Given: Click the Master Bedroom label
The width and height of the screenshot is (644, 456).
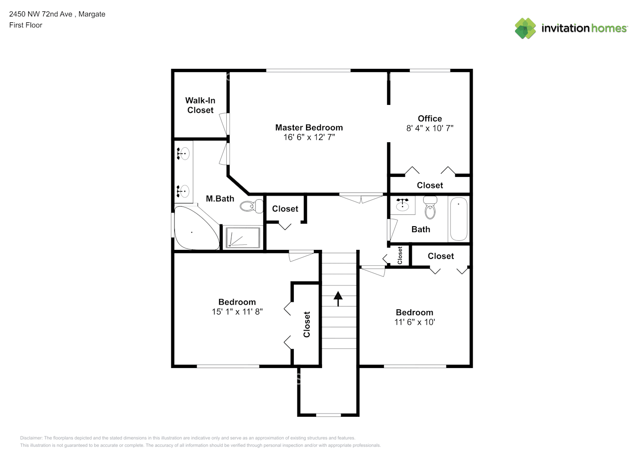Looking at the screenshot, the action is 309,128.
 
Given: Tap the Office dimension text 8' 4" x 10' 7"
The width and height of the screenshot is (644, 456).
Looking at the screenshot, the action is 430,129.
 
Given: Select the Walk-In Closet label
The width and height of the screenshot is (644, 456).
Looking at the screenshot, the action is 200,105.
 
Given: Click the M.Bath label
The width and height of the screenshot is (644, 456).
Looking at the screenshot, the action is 220,199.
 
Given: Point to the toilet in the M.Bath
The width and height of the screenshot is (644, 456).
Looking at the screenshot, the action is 251,206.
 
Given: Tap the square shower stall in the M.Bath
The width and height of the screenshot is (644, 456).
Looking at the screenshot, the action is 243,238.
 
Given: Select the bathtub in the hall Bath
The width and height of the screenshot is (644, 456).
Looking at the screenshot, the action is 459,219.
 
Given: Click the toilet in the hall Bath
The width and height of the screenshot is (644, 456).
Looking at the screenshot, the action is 430,207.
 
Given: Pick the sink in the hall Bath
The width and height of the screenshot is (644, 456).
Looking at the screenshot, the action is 403,204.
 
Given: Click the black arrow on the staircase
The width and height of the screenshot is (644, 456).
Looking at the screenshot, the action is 338,299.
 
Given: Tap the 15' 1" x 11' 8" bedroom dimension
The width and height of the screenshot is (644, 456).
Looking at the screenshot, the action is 237,312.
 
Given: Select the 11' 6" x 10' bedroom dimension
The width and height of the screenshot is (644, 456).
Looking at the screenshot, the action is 414,322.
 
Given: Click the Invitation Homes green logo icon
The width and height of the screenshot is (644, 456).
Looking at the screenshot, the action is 525,28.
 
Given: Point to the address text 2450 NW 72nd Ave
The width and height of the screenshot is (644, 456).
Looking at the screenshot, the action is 41,14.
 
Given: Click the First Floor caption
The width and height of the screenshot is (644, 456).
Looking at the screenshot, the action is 26,25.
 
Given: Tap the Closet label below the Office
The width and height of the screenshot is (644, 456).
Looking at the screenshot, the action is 430,186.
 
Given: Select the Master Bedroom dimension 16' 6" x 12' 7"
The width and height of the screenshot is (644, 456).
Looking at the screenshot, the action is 309,137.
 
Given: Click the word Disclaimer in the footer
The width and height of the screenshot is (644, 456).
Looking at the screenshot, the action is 31,438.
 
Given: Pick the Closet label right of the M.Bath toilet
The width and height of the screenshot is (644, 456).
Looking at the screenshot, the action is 285,209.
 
